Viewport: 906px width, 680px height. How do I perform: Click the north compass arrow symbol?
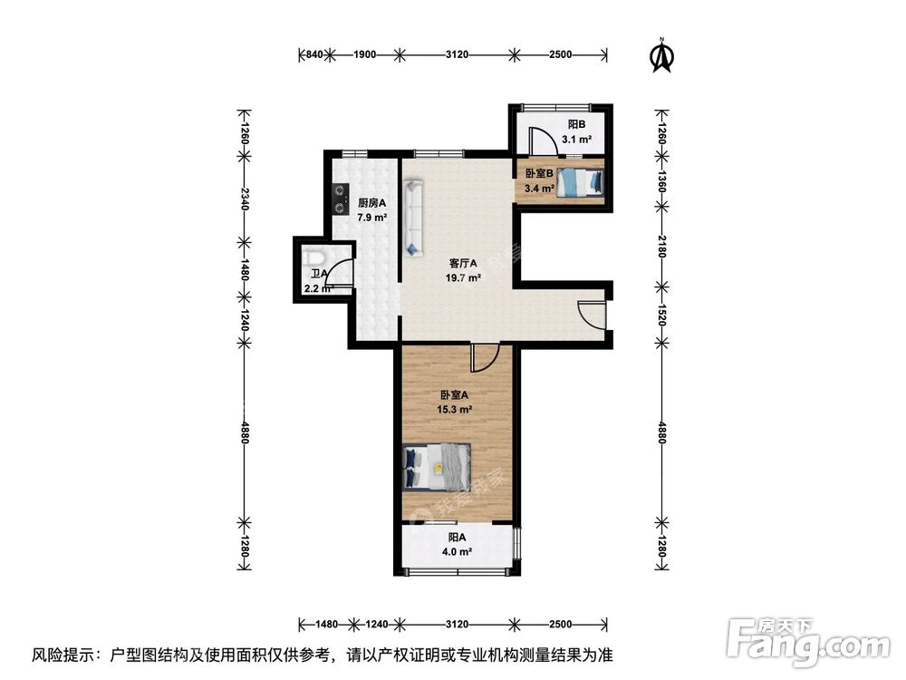[x=663, y=56]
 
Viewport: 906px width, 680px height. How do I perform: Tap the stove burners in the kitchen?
[x=341, y=199]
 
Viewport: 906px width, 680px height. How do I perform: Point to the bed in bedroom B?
[x=580, y=182]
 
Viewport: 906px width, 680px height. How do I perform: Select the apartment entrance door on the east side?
[x=590, y=314]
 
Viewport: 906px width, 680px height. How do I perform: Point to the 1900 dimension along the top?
[x=364, y=55]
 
